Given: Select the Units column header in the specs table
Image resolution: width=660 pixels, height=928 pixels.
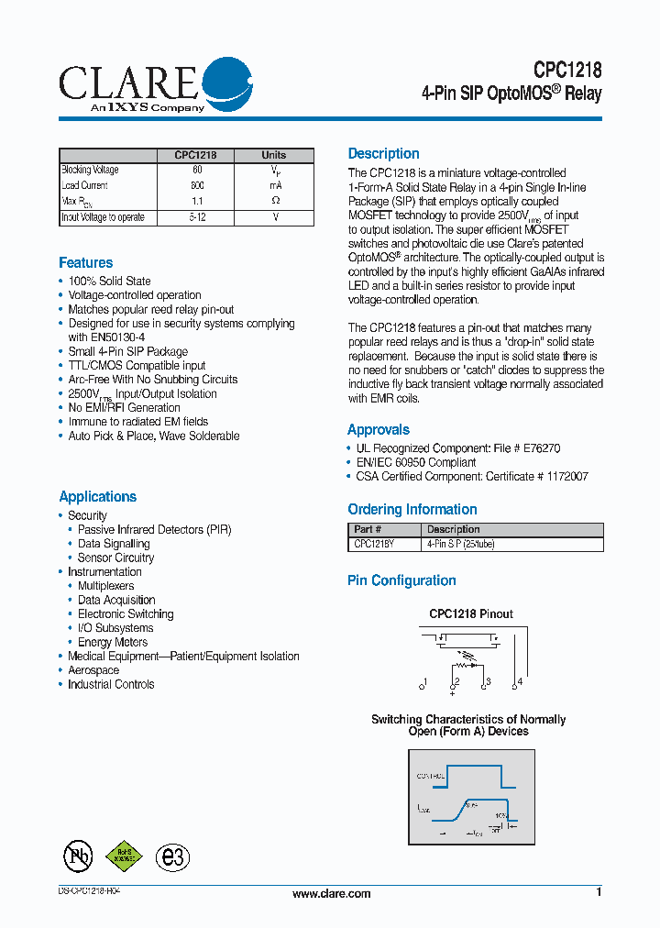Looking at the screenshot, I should pyautogui.click(x=273, y=155).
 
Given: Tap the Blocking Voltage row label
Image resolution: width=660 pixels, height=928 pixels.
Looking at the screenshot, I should pyautogui.click(x=90, y=170).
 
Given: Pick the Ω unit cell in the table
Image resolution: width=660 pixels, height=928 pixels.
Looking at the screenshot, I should pyautogui.click(x=275, y=201).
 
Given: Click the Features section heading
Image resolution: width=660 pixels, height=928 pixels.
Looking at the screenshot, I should pyautogui.click(x=85, y=263).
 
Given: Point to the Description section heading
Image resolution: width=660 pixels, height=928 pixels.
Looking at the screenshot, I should pyautogui.click(x=383, y=154).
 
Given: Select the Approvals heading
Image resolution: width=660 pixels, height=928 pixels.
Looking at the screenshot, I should pyautogui.click(x=378, y=430).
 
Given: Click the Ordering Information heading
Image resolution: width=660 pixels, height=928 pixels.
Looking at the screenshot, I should pyautogui.click(x=412, y=510).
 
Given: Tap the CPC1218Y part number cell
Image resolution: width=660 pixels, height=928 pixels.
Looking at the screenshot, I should pyautogui.click(x=374, y=545).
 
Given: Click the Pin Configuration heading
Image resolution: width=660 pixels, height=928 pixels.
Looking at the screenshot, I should pyautogui.click(x=401, y=580).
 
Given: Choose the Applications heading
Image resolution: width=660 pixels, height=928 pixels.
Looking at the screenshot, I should pyautogui.click(x=97, y=497).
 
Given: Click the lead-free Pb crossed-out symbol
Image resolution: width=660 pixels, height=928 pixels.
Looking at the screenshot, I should pyautogui.click(x=78, y=856).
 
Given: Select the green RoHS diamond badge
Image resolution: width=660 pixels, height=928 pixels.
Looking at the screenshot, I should pyautogui.click(x=124, y=855).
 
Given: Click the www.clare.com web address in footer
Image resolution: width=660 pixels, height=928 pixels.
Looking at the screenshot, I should pyautogui.click(x=331, y=894).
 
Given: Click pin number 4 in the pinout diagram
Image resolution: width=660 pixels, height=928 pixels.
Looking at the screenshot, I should pyautogui.click(x=520, y=681).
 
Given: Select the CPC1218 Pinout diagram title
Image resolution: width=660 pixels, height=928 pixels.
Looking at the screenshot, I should pyautogui.click(x=471, y=613).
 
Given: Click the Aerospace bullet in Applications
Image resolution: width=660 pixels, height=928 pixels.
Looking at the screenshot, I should pyautogui.click(x=93, y=670).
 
